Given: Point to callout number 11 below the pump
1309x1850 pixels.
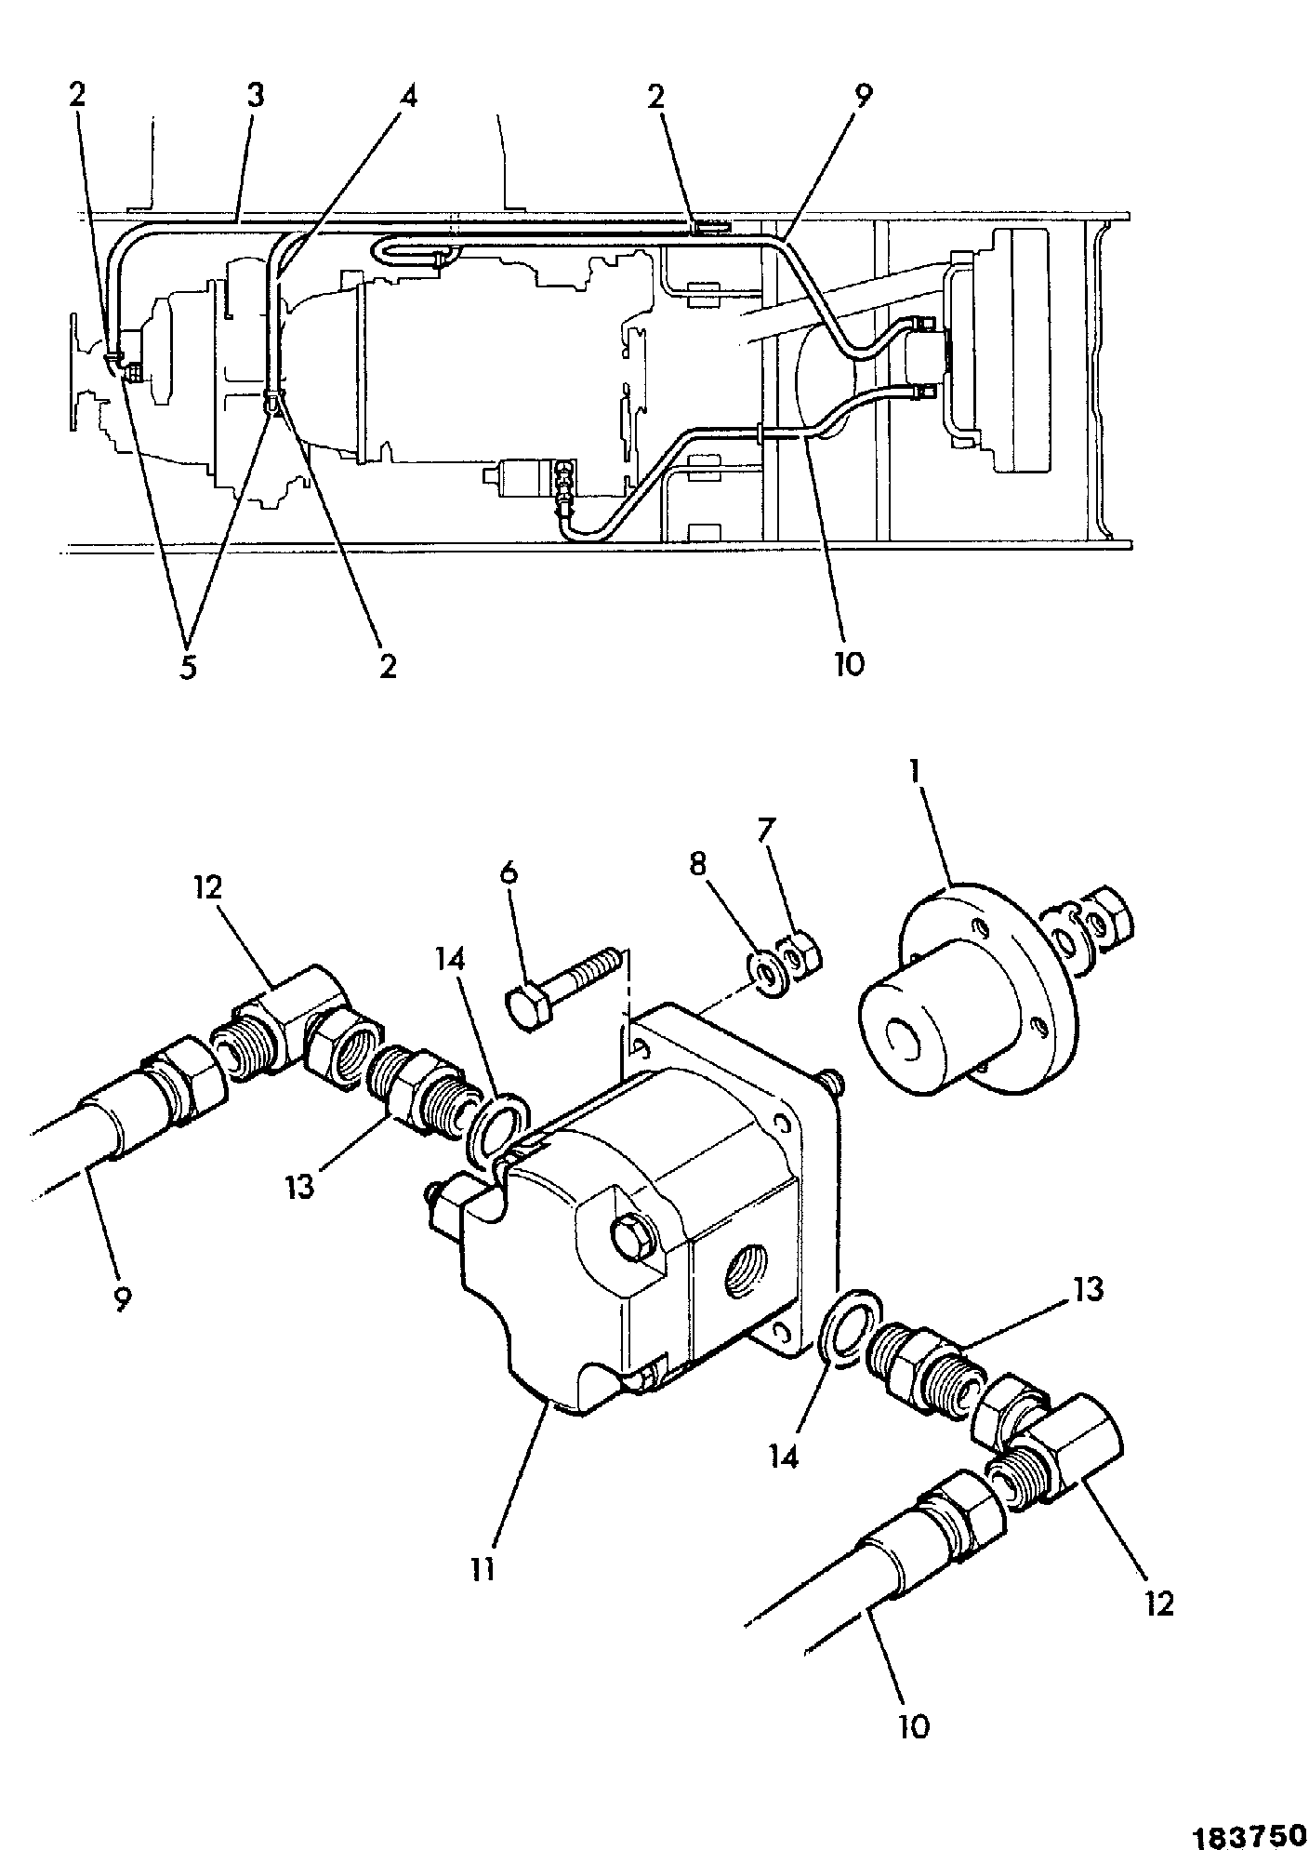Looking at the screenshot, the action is [483, 1570].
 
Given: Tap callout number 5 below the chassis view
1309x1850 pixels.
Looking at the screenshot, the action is [189, 668].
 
